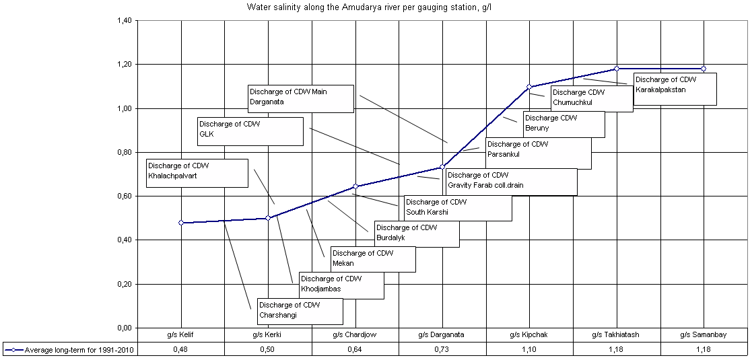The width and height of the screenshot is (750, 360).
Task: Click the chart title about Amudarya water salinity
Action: [374, 7]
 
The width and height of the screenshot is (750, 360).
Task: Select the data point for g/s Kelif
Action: [181, 223]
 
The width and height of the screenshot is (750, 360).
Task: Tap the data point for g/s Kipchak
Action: [529, 87]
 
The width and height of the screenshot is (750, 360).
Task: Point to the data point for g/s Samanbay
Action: [704, 69]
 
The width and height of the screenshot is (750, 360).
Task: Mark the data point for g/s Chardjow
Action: [355, 186]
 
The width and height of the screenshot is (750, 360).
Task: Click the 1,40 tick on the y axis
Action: [125, 20]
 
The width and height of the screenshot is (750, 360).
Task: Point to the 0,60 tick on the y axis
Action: [125, 196]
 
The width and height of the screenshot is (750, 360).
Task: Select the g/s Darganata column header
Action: [442, 334]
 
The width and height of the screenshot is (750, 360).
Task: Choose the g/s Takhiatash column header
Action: [616, 334]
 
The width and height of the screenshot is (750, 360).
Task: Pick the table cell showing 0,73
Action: [442, 350]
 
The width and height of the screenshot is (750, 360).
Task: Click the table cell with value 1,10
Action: [529, 350]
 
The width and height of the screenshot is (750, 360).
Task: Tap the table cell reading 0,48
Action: [181, 350]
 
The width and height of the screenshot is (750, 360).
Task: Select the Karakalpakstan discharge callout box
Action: [674, 89]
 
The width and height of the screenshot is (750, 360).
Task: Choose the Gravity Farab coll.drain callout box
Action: [510, 182]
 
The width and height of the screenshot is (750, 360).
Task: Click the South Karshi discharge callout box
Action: [457, 208]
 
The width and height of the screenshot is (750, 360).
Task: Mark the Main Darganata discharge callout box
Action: [300, 98]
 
